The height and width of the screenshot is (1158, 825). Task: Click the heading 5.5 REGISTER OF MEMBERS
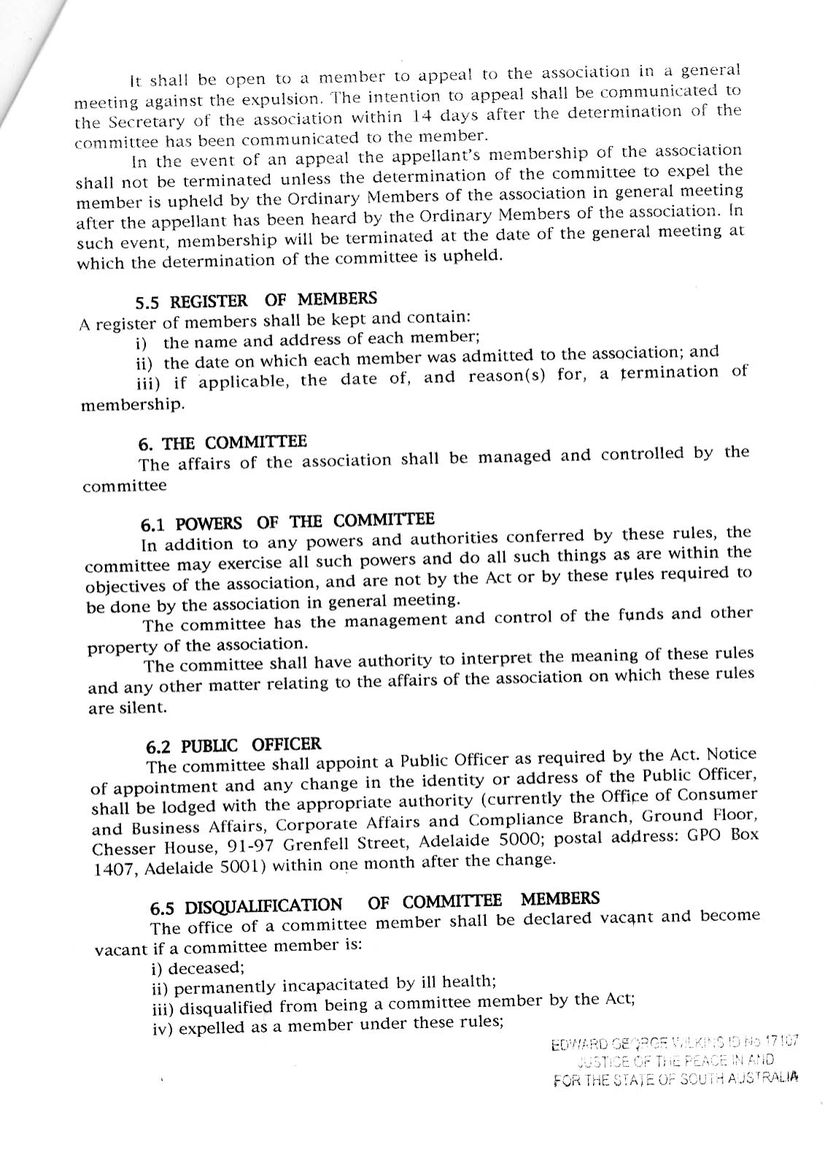click(256, 300)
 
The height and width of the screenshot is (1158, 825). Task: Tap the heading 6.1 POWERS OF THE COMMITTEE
click(287, 522)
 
